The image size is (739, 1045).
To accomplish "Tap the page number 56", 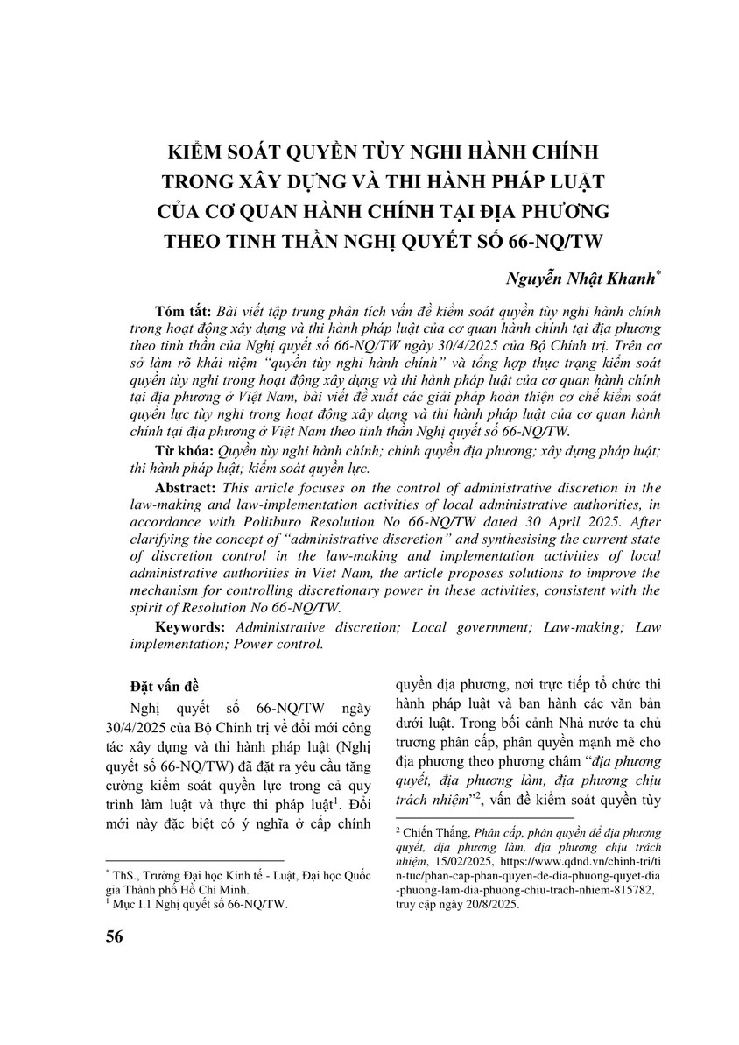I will pyautogui.click(x=114, y=937).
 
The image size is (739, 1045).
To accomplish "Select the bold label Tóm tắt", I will pyautogui.click(x=182, y=312).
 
